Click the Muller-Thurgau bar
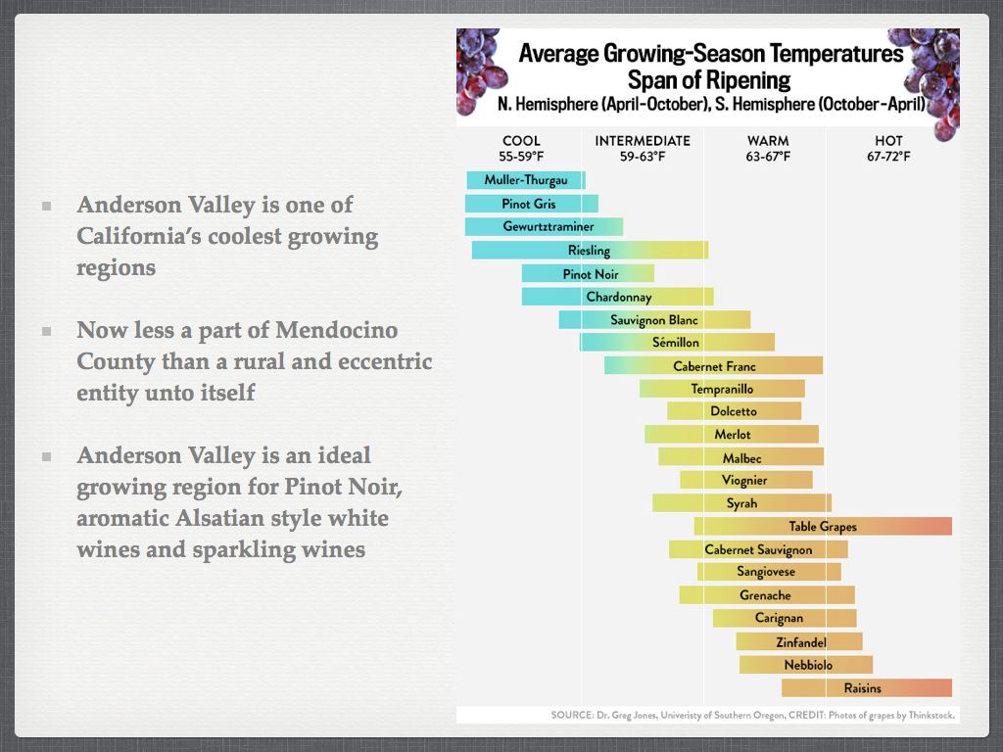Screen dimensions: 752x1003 (x=525, y=180)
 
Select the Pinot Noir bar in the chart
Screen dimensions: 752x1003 (x=588, y=274)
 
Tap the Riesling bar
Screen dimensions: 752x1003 (x=589, y=251)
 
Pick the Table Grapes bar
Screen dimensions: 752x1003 (x=823, y=527)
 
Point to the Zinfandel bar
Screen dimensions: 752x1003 (x=799, y=642)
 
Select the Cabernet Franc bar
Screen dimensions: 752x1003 (x=713, y=366)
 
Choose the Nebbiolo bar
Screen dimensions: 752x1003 (x=806, y=665)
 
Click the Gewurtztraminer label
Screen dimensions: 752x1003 (x=549, y=227)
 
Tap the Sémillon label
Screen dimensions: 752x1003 (x=676, y=343)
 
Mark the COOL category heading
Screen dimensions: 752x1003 (x=521, y=141)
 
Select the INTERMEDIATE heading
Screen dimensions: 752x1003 (x=643, y=141)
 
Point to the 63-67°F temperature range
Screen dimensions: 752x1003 (x=768, y=157)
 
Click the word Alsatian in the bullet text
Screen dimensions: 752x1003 (x=220, y=518)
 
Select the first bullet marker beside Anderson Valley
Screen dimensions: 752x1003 (x=46, y=207)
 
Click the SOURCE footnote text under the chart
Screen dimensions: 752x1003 (x=752, y=715)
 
